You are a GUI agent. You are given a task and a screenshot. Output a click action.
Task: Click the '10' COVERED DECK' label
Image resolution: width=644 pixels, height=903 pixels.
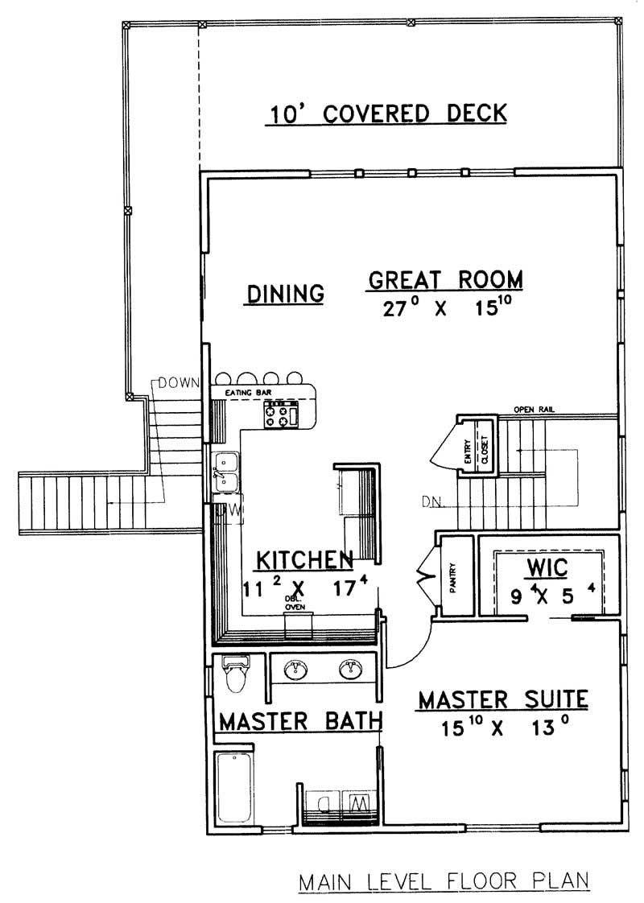pyautogui.click(x=386, y=113)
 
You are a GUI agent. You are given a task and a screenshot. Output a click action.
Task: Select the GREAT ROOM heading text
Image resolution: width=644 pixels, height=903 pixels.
pyautogui.click(x=445, y=279)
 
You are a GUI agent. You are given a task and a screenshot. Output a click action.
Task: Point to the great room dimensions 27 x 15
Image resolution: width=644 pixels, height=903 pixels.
pyautogui.click(x=445, y=308)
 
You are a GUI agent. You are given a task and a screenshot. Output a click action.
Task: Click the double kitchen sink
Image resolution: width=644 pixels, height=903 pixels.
pyautogui.click(x=225, y=472)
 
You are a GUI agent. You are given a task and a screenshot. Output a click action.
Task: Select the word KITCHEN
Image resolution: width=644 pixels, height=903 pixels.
pyautogui.click(x=304, y=559)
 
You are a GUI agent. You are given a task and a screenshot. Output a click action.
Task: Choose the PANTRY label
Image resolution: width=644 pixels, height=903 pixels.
pyautogui.click(x=452, y=577)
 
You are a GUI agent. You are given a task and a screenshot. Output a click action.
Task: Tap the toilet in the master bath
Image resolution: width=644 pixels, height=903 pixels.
pyautogui.click(x=236, y=675)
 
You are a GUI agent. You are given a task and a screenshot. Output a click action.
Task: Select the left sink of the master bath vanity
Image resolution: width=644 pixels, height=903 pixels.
pyautogui.click(x=295, y=669)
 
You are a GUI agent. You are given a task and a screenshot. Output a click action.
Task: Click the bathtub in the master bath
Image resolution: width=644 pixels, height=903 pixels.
pyautogui.click(x=235, y=786)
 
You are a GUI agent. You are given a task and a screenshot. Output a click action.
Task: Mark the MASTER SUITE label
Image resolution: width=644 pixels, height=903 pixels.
pyautogui.click(x=502, y=699)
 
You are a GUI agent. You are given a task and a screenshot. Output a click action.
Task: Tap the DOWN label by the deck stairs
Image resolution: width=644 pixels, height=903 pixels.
pyautogui.click(x=178, y=382)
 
